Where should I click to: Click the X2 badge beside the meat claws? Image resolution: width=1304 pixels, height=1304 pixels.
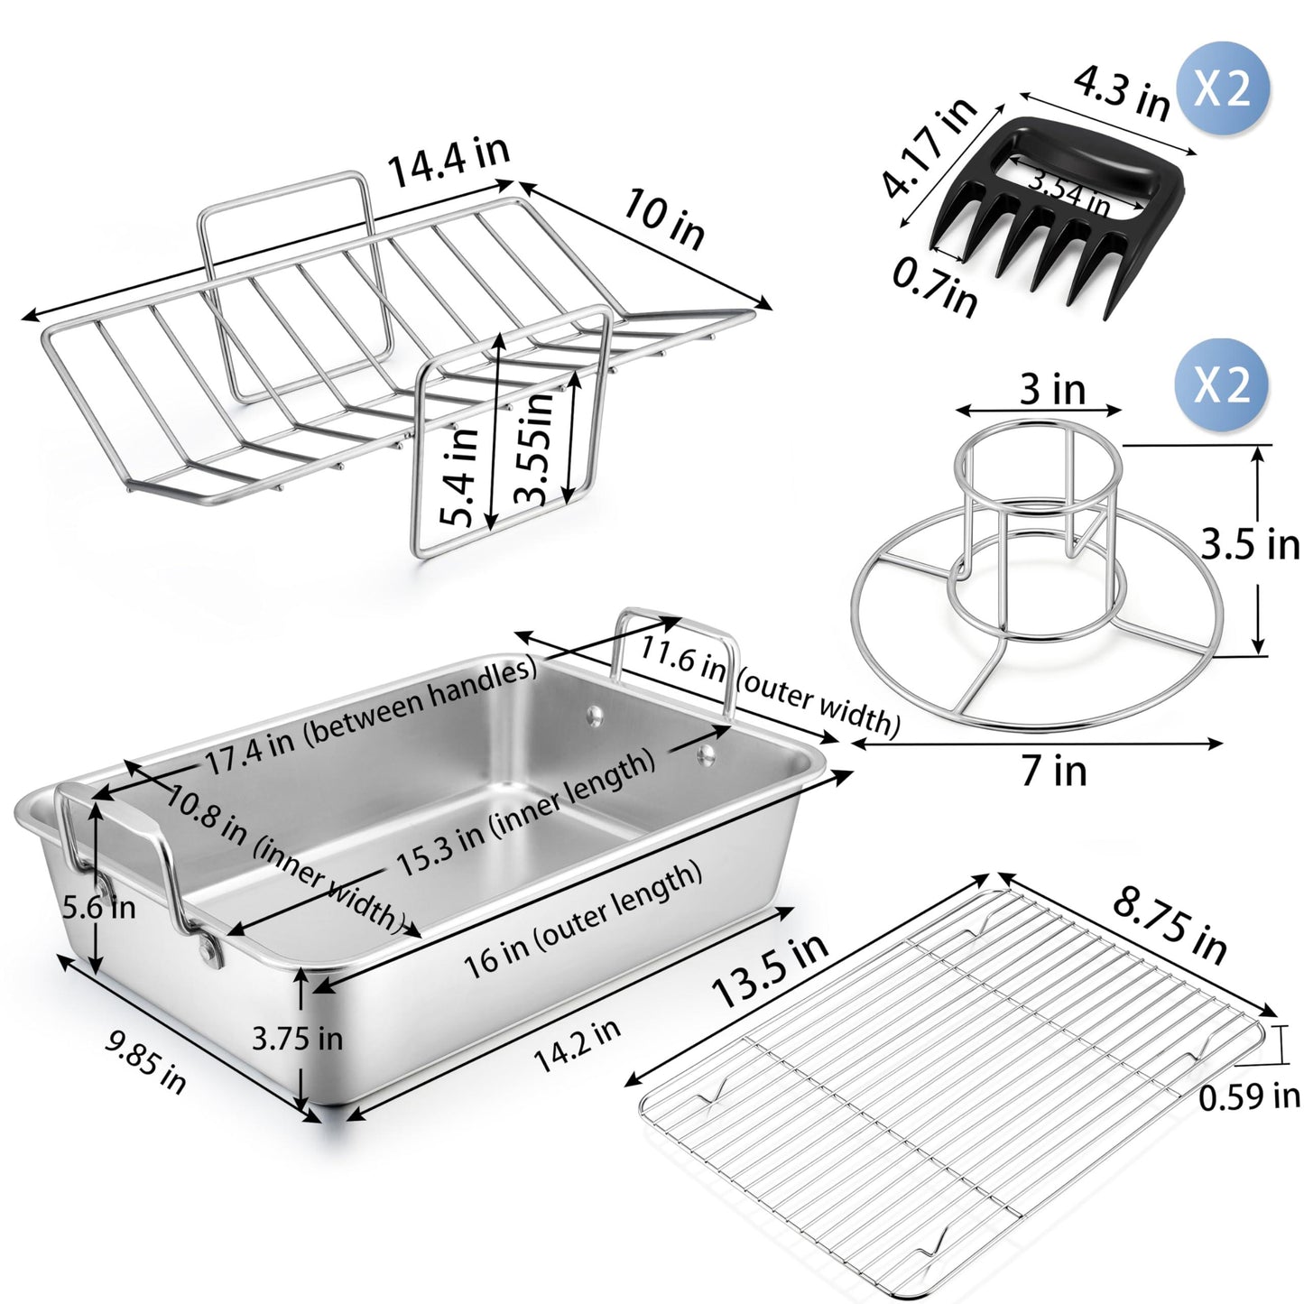point(1221,89)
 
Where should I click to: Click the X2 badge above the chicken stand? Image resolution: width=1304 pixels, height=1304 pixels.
point(1221,385)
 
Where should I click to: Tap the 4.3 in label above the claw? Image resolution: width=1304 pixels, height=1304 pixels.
point(1121,92)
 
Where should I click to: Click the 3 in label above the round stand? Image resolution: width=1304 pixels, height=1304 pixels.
point(1051,389)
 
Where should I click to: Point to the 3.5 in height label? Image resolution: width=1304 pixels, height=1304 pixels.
point(1250,545)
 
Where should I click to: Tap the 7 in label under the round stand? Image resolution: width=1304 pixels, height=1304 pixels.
point(1054,772)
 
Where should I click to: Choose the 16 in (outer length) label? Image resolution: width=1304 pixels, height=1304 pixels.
point(582,921)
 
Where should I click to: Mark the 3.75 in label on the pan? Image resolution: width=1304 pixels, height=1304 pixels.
point(297,1038)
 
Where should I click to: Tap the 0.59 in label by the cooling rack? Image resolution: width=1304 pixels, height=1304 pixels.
point(1249,1096)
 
